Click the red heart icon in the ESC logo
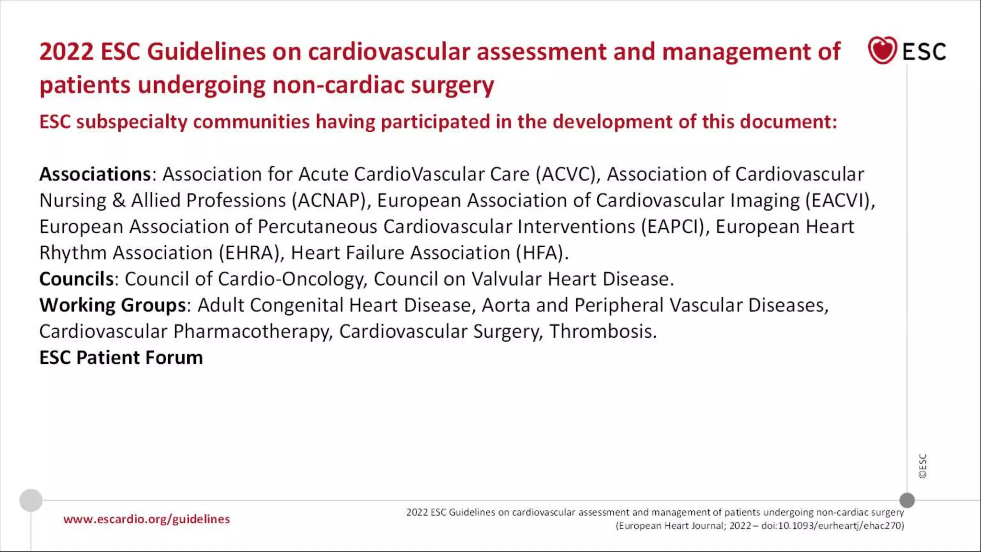pyautogui.click(x=882, y=50)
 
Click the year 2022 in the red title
pyautogui.click(x=66, y=52)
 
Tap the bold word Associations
pyautogui.click(x=95, y=174)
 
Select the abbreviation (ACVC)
pyautogui.click(x=568, y=174)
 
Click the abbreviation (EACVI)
pyautogui.click(x=840, y=201)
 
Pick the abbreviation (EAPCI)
pyautogui.click(x=675, y=227)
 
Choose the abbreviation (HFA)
pyautogui.click(x=542, y=253)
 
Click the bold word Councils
pyautogui.click(x=77, y=279)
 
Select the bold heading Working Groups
pyautogui.click(x=113, y=306)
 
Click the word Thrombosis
pyautogui.click(x=603, y=332)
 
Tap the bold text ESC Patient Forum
pyautogui.click(x=121, y=358)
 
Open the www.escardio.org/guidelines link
pyautogui.click(x=147, y=519)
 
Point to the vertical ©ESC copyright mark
pyautogui.click(x=923, y=466)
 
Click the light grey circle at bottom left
pyautogui.click(x=31, y=500)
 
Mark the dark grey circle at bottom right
pyautogui.click(x=907, y=500)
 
